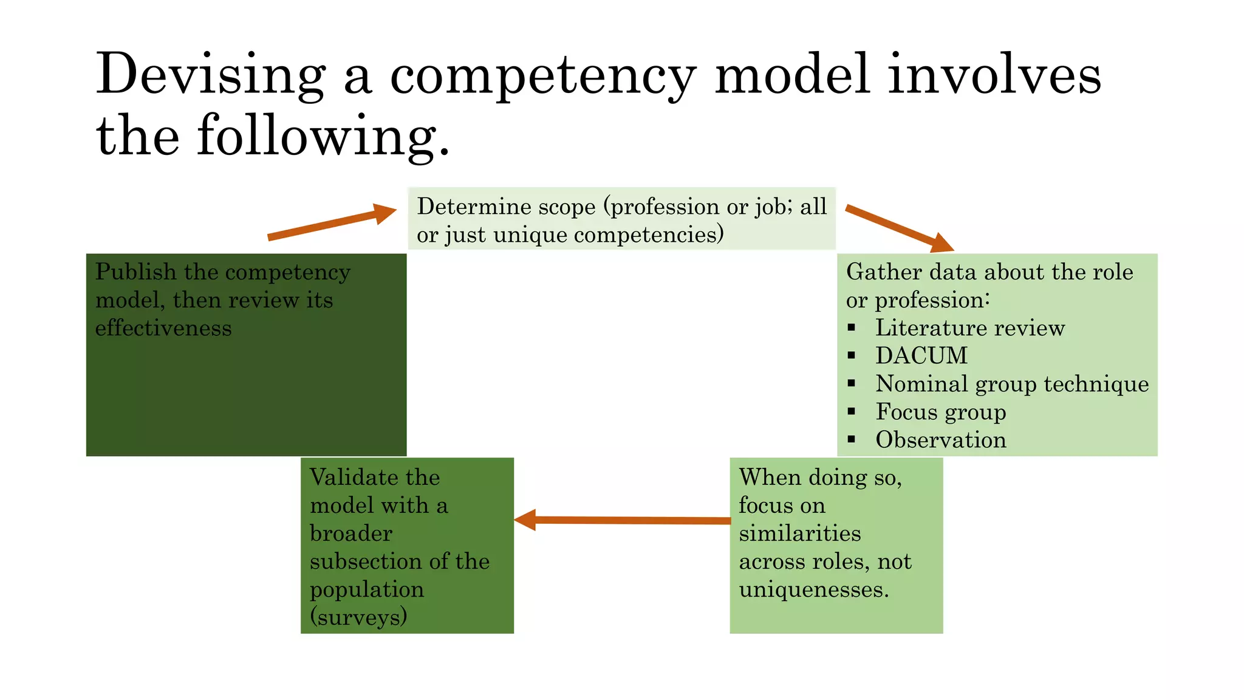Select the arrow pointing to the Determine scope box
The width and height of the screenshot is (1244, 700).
coord(332,223)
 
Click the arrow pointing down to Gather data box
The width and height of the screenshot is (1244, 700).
coord(899,228)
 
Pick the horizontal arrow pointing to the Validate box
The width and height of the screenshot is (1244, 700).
coord(623,520)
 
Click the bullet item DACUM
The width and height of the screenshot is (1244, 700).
coord(921,355)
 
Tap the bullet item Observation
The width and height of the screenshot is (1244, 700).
coord(941,440)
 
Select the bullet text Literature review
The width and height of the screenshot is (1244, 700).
coord(970,328)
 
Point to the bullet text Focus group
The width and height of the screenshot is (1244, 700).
coord(941,412)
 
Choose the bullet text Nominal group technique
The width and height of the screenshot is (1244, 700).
coord(1012,384)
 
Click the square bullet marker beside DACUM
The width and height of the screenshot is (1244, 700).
coord(852,355)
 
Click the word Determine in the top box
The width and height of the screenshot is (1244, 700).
coord(473,207)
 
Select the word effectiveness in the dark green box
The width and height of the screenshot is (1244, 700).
coord(163,328)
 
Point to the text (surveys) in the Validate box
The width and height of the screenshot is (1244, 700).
coord(358,617)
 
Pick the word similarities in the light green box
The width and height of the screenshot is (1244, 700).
coord(800,534)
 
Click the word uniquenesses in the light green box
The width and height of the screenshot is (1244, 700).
coord(813,589)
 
